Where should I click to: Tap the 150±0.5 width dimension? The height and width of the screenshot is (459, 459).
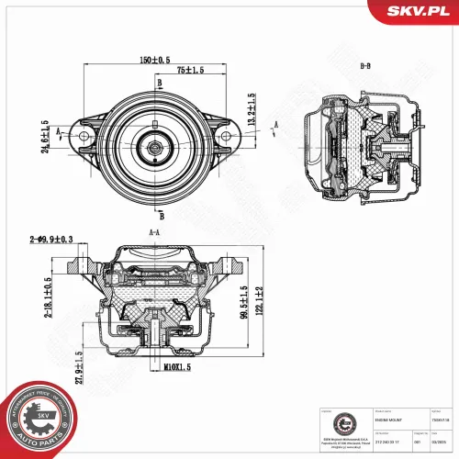tap(153, 61)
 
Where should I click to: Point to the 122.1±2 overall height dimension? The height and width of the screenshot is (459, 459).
tap(261, 299)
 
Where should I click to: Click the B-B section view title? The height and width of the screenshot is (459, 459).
tap(365, 65)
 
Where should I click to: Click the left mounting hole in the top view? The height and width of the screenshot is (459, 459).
tap(84, 139)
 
